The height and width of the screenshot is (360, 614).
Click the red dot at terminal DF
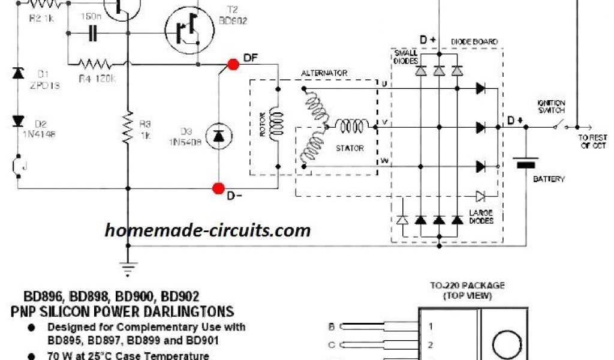[233, 65]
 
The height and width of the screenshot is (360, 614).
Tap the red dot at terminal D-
[218, 188]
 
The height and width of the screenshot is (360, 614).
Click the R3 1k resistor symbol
[127, 130]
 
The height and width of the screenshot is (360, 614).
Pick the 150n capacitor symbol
[92, 34]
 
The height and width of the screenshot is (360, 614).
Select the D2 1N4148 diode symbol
[18, 121]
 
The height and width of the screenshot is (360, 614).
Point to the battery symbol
[525, 162]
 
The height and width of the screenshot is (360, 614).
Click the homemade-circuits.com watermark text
[207, 230]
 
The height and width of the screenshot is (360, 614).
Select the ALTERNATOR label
[325, 73]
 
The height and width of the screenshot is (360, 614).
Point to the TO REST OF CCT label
[592, 142]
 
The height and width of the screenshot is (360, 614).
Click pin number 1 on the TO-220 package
[430, 327]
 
